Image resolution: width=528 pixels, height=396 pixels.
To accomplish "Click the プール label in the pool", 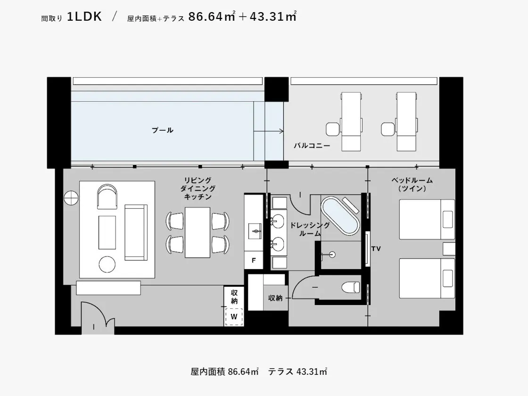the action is point(162,130).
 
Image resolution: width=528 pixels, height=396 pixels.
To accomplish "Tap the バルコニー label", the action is point(312,146).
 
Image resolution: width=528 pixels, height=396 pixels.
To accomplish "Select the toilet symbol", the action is point(350,287).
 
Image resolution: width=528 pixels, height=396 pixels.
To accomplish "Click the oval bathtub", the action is point(340,215).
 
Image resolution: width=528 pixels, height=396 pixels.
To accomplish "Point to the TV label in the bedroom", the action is point(376,249).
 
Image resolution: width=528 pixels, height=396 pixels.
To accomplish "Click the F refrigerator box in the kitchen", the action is point(254,260).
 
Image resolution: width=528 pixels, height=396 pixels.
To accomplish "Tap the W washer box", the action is point(234,317).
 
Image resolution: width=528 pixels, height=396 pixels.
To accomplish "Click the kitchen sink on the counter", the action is point(255,231).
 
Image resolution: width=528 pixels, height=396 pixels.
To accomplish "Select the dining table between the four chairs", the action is point(198,232).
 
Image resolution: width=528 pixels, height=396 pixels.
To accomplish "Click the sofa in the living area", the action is point(136,232).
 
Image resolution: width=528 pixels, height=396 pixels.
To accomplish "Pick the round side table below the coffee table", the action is point(107,264).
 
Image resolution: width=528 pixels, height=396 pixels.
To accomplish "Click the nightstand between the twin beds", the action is point(449,249).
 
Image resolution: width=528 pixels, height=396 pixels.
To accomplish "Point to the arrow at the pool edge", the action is point(268,131).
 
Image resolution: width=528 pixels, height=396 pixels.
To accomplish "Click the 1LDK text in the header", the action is point(84,16).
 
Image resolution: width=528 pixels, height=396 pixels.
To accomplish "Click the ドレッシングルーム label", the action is point(310,229).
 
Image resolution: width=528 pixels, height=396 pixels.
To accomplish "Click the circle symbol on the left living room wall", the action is point(71,198).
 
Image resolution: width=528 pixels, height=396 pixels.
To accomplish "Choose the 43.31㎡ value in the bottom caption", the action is point(312,371).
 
